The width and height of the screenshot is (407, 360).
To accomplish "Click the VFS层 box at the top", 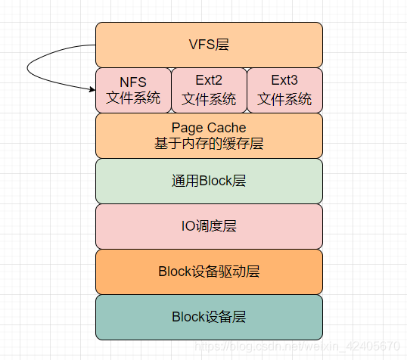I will tap(209, 45).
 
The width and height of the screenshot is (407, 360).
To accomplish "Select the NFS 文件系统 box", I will tap(133, 90).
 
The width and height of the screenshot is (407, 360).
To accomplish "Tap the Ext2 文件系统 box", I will tap(209, 90).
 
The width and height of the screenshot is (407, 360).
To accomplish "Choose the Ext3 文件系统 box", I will tap(284, 90).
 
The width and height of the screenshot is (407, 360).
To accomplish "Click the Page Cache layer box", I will tap(209, 135).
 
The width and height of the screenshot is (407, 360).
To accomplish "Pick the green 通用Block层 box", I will tap(209, 181).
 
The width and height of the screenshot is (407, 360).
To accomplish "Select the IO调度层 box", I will tap(209, 226).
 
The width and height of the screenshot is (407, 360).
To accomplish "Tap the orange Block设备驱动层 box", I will tap(209, 272).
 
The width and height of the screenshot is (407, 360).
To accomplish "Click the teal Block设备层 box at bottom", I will tap(209, 317).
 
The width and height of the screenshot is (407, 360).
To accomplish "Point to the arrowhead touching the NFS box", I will tap(92, 90).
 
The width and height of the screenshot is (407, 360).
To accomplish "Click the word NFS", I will tap(133, 82).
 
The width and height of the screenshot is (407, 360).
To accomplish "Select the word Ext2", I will tap(209, 82).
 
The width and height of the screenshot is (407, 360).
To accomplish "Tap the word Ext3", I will tap(284, 82).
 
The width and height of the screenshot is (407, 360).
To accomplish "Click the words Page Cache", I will tap(209, 127).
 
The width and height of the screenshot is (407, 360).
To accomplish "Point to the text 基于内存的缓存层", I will tap(209, 144).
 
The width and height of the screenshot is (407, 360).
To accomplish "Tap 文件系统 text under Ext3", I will tap(284, 99).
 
